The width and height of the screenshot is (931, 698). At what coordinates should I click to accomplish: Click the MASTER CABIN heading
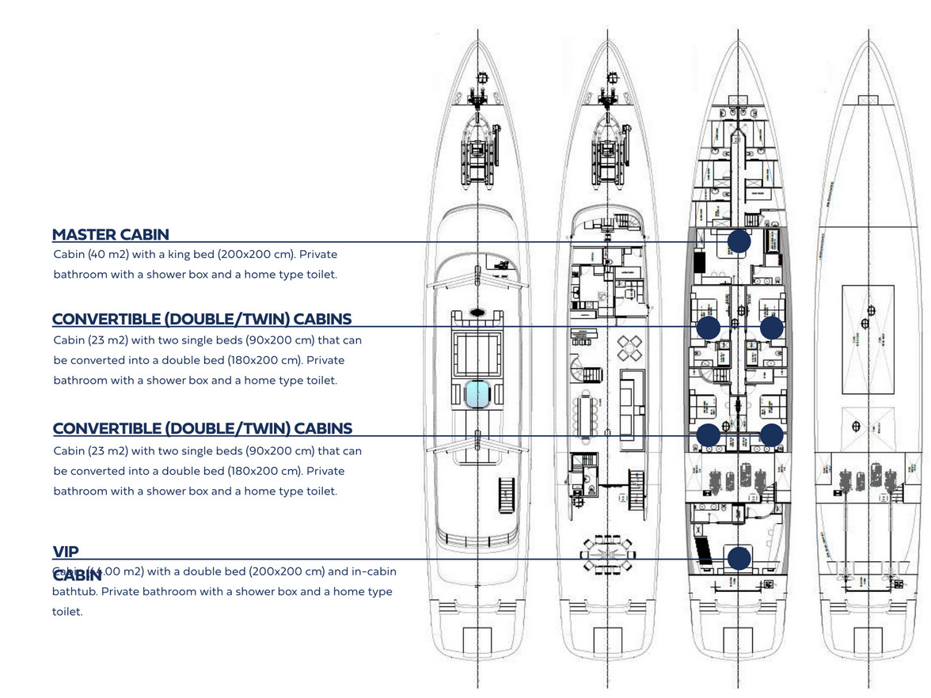110,234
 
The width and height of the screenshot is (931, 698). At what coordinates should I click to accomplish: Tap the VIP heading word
66,552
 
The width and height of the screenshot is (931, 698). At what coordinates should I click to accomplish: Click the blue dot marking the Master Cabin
739,242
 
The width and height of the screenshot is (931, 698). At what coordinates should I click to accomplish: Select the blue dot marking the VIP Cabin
739,558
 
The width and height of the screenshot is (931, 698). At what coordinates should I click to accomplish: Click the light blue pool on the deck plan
477,393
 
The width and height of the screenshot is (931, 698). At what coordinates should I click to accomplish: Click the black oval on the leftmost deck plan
477,312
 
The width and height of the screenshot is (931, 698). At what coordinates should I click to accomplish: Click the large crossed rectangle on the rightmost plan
869,317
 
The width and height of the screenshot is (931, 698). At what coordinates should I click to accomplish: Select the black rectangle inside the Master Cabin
699,261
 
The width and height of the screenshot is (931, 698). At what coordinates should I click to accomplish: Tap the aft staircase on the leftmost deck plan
507,495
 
